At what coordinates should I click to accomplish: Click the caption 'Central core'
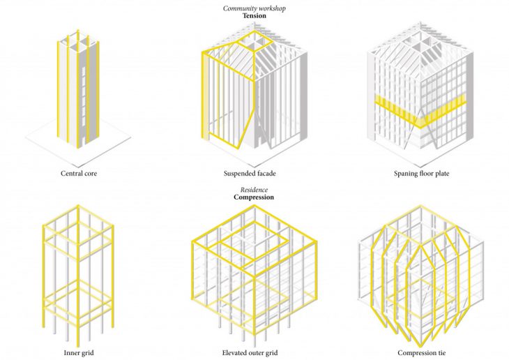(79, 173)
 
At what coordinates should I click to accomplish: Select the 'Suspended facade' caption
(250, 174)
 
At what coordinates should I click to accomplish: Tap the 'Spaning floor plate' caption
(422, 174)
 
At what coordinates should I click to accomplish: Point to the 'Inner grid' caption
(79, 353)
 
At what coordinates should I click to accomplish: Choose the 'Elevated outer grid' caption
(250, 353)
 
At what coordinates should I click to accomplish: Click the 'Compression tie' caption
(422, 353)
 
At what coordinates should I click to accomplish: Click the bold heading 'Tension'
(254, 15)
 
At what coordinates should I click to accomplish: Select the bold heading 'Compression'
(254, 197)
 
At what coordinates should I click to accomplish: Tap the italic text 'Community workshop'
(254, 8)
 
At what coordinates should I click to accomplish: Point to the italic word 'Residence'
(254, 190)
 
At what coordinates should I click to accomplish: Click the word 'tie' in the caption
(442, 353)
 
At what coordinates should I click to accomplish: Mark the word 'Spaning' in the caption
(405, 174)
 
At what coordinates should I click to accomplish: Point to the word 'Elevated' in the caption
(234, 353)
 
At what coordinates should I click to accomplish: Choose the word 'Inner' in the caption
(71, 353)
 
